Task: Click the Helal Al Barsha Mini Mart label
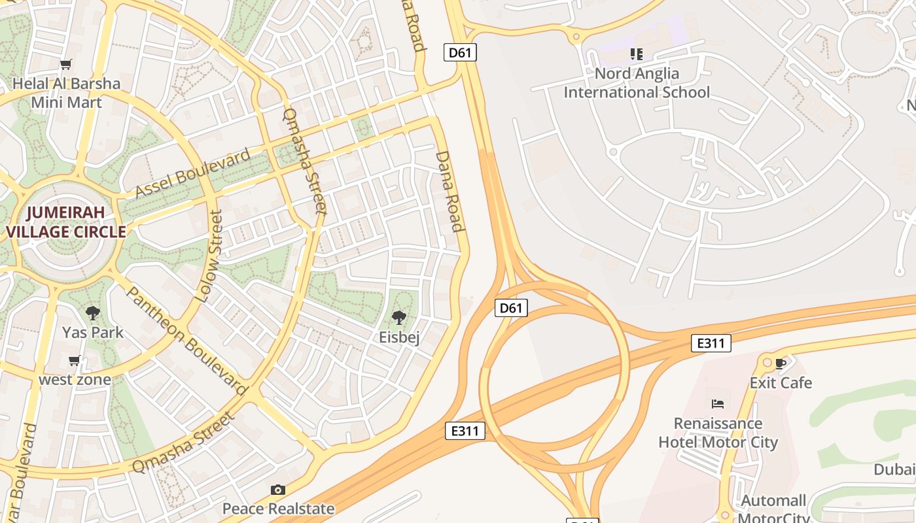click(67, 93)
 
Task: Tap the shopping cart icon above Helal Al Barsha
click(65, 64)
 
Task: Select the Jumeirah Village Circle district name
click(65, 222)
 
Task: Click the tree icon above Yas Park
click(93, 312)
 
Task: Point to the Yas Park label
click(93, 332)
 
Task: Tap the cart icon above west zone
click(75, 361)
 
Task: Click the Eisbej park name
click(399, 337)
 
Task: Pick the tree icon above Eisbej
click(398, 318)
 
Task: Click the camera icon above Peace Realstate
click(278, 490)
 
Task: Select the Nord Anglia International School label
click(637, 83)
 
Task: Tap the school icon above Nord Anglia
click(636, 54)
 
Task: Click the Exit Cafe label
click(781, 382)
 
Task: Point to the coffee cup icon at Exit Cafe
click(780, 363)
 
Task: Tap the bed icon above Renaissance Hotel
click(718, 404)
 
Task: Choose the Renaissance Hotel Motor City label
click(718, 433)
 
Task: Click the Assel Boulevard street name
click(192, 173)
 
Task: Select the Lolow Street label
click(209, 256)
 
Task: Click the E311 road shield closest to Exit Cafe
click(711, 343)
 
